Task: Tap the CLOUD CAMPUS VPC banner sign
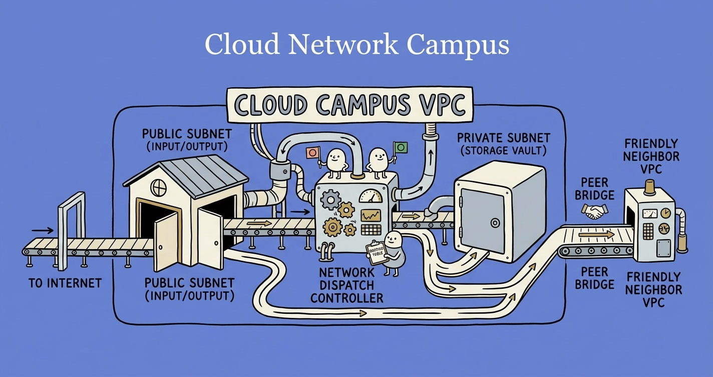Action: [349, 105]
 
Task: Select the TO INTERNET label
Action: [65, 283]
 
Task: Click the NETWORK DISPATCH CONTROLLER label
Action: [346, 285]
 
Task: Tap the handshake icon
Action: [594, 211]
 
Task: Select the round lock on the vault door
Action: [495, 222]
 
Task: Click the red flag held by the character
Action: [313, 152]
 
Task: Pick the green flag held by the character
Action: [401, 147]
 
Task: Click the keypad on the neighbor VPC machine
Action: [648, 230]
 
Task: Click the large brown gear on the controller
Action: [333, 227]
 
